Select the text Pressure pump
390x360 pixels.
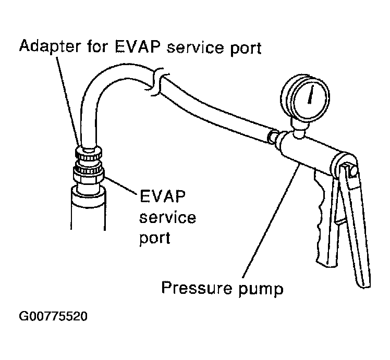click(223, 288)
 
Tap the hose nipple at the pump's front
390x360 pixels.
click(273, 138)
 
